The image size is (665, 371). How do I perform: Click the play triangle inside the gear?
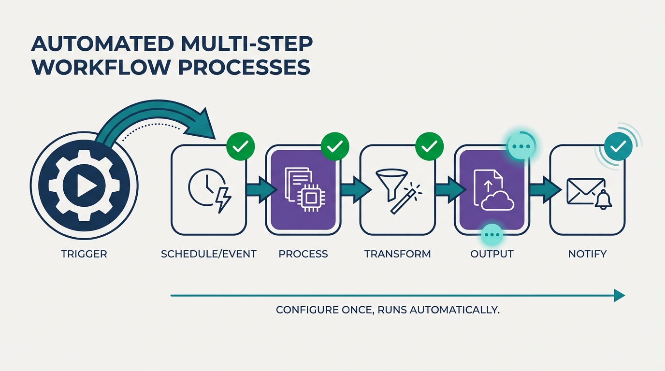click(x=85, y=186)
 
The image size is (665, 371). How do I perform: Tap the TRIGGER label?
click(x=84, y=254)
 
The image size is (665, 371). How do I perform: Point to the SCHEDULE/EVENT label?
click(x=209, y=254)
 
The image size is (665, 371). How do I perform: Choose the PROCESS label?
click(x=304, y=254)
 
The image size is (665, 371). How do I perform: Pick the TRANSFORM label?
click(x=397, y=254)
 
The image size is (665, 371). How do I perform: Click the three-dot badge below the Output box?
click(x=492, y=235)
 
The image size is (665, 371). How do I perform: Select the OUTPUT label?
click(x=492, y=254)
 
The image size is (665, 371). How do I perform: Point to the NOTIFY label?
click(x=588, y=254)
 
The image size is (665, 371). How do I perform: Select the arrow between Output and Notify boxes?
click(x=540, y=189)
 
